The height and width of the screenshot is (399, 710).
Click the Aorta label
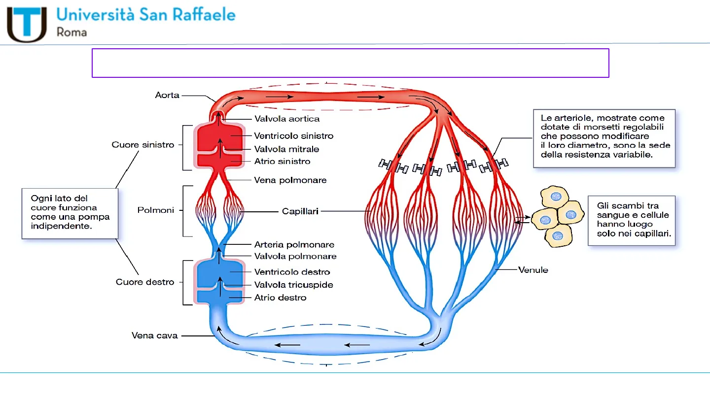167,95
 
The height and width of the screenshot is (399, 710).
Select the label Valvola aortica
286,119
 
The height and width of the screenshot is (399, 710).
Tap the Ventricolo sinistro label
293,136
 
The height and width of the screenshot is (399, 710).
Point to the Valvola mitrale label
286,149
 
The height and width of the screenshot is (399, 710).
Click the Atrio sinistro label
282,161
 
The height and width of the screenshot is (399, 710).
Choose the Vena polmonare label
290,180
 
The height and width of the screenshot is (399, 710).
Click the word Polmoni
156,210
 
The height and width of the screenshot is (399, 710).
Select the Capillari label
300,211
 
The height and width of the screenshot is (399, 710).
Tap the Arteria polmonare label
294,244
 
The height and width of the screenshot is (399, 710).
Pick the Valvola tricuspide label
293,285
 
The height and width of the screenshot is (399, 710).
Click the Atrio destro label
280,298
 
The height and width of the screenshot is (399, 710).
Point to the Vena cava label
154,335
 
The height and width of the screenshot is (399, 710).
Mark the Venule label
533,270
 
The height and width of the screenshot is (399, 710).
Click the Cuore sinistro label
143,145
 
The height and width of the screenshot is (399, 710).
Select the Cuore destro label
145,282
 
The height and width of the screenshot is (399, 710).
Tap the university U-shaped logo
27,24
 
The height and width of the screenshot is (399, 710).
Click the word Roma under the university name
72,33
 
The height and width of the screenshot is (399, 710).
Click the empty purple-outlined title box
350,63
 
